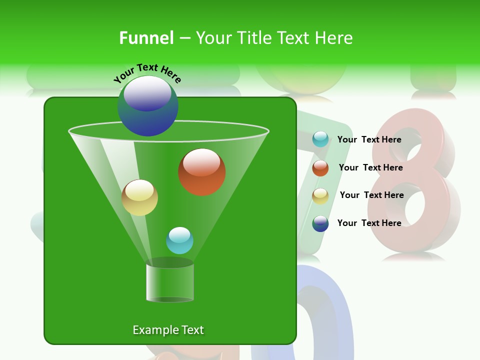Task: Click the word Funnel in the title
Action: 146,38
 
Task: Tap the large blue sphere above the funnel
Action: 147,106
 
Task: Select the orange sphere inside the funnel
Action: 201,172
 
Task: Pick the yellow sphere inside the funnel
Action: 139,197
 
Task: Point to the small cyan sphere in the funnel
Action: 179,240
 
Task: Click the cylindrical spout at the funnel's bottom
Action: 170,282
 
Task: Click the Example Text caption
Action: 168,330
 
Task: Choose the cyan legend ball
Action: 320,139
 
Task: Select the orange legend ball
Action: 320,168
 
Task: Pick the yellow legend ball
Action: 320,195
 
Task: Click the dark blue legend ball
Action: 320,223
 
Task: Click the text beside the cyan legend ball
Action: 369,139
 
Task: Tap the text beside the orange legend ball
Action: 370,167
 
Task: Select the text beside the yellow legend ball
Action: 371,195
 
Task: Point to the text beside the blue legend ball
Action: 369,223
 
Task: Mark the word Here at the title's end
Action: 335,38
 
